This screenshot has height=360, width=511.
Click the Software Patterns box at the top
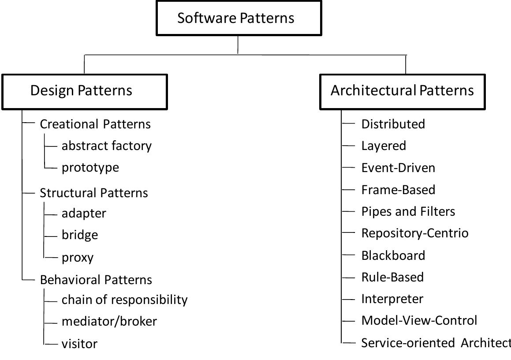239,18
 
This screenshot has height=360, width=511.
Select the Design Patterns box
85,91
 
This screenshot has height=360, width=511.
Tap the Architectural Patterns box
402,91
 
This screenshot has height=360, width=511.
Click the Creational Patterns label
95,124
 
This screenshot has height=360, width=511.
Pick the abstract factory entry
107,146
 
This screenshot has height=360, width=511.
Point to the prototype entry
90,168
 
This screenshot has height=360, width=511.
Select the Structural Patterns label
94,193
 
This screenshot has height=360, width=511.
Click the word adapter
84,214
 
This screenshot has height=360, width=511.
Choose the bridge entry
80,235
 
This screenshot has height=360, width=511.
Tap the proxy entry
78,257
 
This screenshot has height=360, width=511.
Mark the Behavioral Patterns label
96,280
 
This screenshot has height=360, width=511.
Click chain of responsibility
125,300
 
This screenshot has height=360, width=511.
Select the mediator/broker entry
109,322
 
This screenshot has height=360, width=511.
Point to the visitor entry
79,344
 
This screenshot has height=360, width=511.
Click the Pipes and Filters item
408,212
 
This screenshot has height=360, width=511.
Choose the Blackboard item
393,255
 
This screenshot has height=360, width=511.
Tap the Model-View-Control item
419,321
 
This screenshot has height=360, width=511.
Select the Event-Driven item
398,168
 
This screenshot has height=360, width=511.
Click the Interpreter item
392,299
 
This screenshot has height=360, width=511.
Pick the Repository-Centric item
415,233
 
